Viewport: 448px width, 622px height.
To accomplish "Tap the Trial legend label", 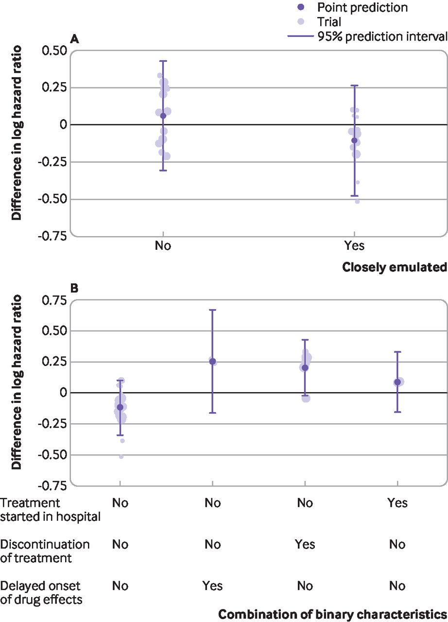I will click(x=329, y=22).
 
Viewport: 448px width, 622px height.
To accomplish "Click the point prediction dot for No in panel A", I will click(x=163, y=116).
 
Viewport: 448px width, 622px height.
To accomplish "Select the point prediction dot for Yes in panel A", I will click(x=354, y=140).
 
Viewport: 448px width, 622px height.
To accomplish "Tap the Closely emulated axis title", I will click(x=394, y=267).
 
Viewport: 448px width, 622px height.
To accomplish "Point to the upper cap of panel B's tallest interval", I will click(x=212, y=310).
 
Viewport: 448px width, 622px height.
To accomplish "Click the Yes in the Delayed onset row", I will click(x=212, y=586).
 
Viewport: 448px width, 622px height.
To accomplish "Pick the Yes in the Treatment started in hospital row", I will click(x=397, y=502).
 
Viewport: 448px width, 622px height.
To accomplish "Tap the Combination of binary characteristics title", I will click(x=332, y=614).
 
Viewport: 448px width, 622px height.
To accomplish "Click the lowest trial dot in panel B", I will click(x=121, y=457).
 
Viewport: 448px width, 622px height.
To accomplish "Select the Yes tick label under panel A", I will click(x=354, y=245).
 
